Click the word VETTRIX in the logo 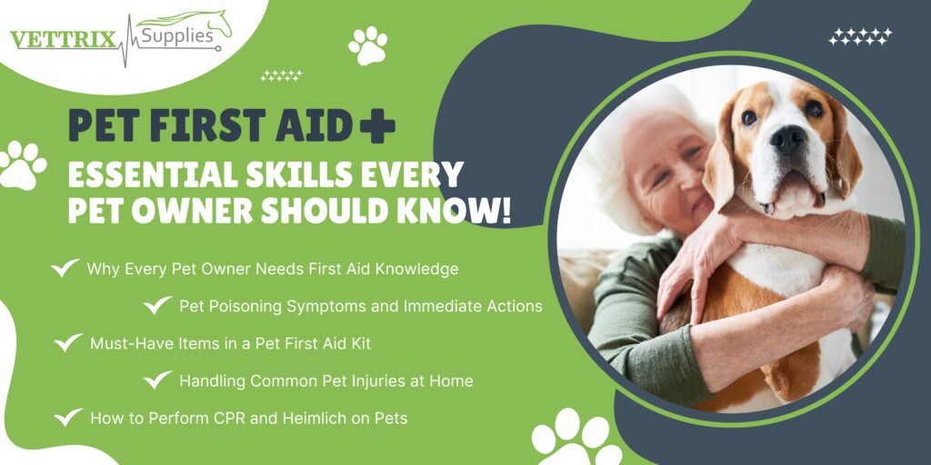(x=64, y=40)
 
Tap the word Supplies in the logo (x=176, y=36)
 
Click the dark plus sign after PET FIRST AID (x=377, y=125)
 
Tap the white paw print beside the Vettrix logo (x=367, y=45)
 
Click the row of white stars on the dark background (x=860, y=36)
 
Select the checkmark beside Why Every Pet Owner (x=65, y=268)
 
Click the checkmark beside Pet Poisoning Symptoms (x=157, y=305)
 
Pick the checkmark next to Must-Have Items (x=67, y=342)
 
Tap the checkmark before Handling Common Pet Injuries (x=157, y=381)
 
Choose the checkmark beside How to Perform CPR (x=67, y=418)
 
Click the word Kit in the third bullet (x=361, y=343)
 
